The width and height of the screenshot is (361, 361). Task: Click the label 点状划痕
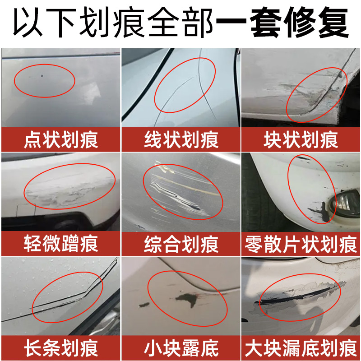point(61,139)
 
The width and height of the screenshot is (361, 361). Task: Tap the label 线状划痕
point(181,139)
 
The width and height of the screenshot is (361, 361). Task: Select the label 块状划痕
point(301,139)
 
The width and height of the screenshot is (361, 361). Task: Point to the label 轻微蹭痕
point(61,244)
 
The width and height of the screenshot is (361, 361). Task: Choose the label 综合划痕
point(181,244)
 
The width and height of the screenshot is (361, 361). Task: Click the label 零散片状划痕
point(301,244)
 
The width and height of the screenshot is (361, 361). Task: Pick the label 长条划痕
point(61,348)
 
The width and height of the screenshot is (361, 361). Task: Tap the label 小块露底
point(181,348)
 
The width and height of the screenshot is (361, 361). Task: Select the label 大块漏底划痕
point(301,348)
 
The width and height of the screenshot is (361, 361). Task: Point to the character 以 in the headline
point(28,22)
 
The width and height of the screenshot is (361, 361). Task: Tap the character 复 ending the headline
point(333,22)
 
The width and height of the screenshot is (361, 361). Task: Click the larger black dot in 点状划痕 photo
point(42,75)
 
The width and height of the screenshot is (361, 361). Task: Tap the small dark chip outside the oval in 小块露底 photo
point(144,305)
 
